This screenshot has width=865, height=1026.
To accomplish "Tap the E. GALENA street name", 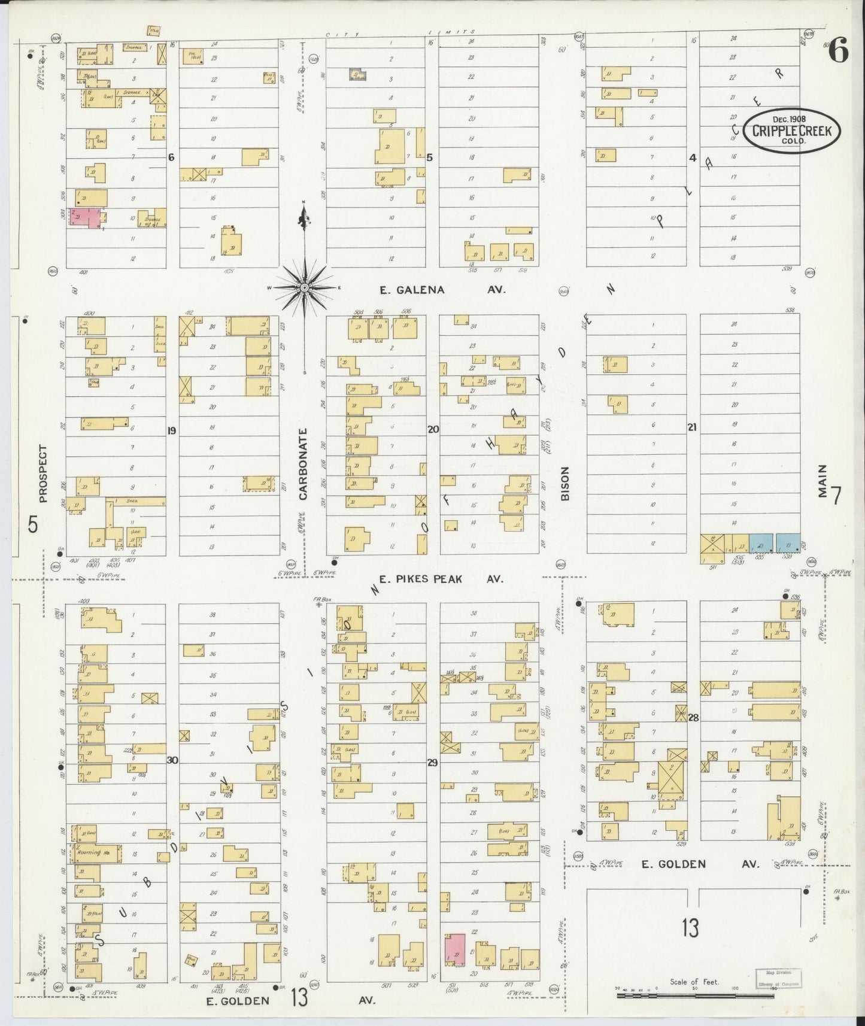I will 412,290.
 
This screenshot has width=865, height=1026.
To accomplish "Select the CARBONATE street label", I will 303,464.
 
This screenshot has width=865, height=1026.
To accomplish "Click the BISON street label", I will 565,483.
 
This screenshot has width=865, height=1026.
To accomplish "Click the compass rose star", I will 304,288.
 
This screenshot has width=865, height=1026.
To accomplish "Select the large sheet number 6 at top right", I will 837,53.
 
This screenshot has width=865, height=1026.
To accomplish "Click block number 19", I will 172,430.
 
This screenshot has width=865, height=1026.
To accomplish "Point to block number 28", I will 693,717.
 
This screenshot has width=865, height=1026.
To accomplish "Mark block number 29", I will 432,763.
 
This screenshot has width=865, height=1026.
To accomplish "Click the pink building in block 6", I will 86,217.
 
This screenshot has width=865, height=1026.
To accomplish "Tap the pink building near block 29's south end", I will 456,949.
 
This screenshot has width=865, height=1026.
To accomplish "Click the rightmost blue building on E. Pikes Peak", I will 788,544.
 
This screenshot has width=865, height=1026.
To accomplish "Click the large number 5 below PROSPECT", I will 33,525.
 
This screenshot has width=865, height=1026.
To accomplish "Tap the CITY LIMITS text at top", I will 400,34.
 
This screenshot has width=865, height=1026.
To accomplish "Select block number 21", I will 692,427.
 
